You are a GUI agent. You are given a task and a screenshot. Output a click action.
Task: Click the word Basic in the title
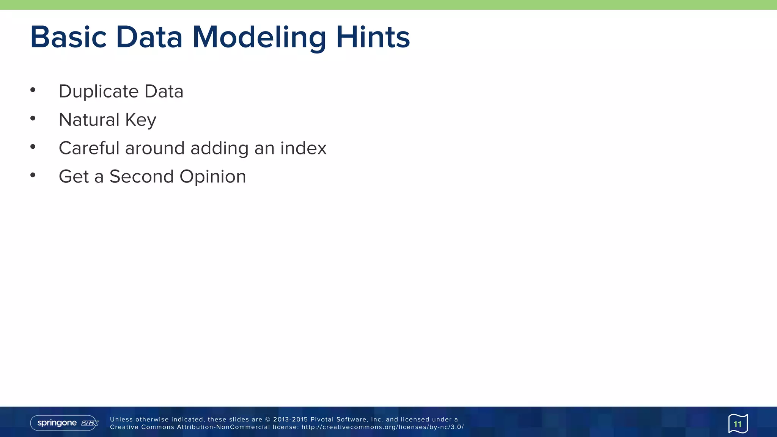(x=68, y=37)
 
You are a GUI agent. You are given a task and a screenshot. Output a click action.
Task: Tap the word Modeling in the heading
(x=259, y=37)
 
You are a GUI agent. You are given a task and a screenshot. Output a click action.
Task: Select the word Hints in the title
(x=373, y=37)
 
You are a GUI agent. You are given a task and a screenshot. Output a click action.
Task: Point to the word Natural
(x=89, y=120)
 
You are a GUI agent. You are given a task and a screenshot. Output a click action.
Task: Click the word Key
(x=141, y=120)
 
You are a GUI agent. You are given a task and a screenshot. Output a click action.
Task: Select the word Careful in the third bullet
(x=89, y=148)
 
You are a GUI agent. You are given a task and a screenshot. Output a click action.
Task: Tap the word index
(x=303, y=148)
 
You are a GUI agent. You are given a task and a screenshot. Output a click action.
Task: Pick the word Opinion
(x=213, y=176)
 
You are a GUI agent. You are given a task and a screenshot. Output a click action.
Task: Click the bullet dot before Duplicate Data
(x=33, y=90)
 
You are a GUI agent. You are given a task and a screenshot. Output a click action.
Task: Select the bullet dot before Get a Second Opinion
(x=33, y=175)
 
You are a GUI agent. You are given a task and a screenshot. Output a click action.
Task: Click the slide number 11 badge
(x=738, y=424)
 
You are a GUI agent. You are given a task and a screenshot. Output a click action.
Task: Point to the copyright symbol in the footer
(x=267, y=420)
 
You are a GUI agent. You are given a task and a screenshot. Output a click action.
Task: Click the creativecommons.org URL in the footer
(x=382, y=427)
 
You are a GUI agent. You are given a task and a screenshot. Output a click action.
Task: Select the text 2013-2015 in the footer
(x=290, y=420)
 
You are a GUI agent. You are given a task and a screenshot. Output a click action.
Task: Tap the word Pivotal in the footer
(x=322, y=420)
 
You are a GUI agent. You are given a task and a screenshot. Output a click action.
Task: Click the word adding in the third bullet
(x=219, y=148)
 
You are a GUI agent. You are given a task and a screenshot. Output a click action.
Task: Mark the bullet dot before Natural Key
(x=33, y=118)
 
